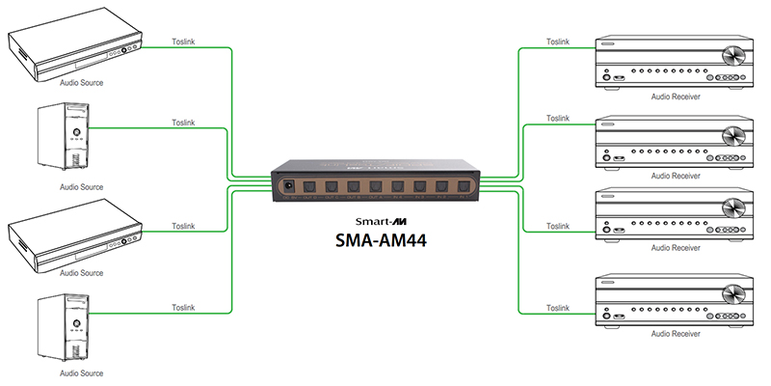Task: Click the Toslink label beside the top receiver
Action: point(557,41)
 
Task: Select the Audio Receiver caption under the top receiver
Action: point(675,96)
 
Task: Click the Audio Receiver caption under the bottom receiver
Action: point(675,333)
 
